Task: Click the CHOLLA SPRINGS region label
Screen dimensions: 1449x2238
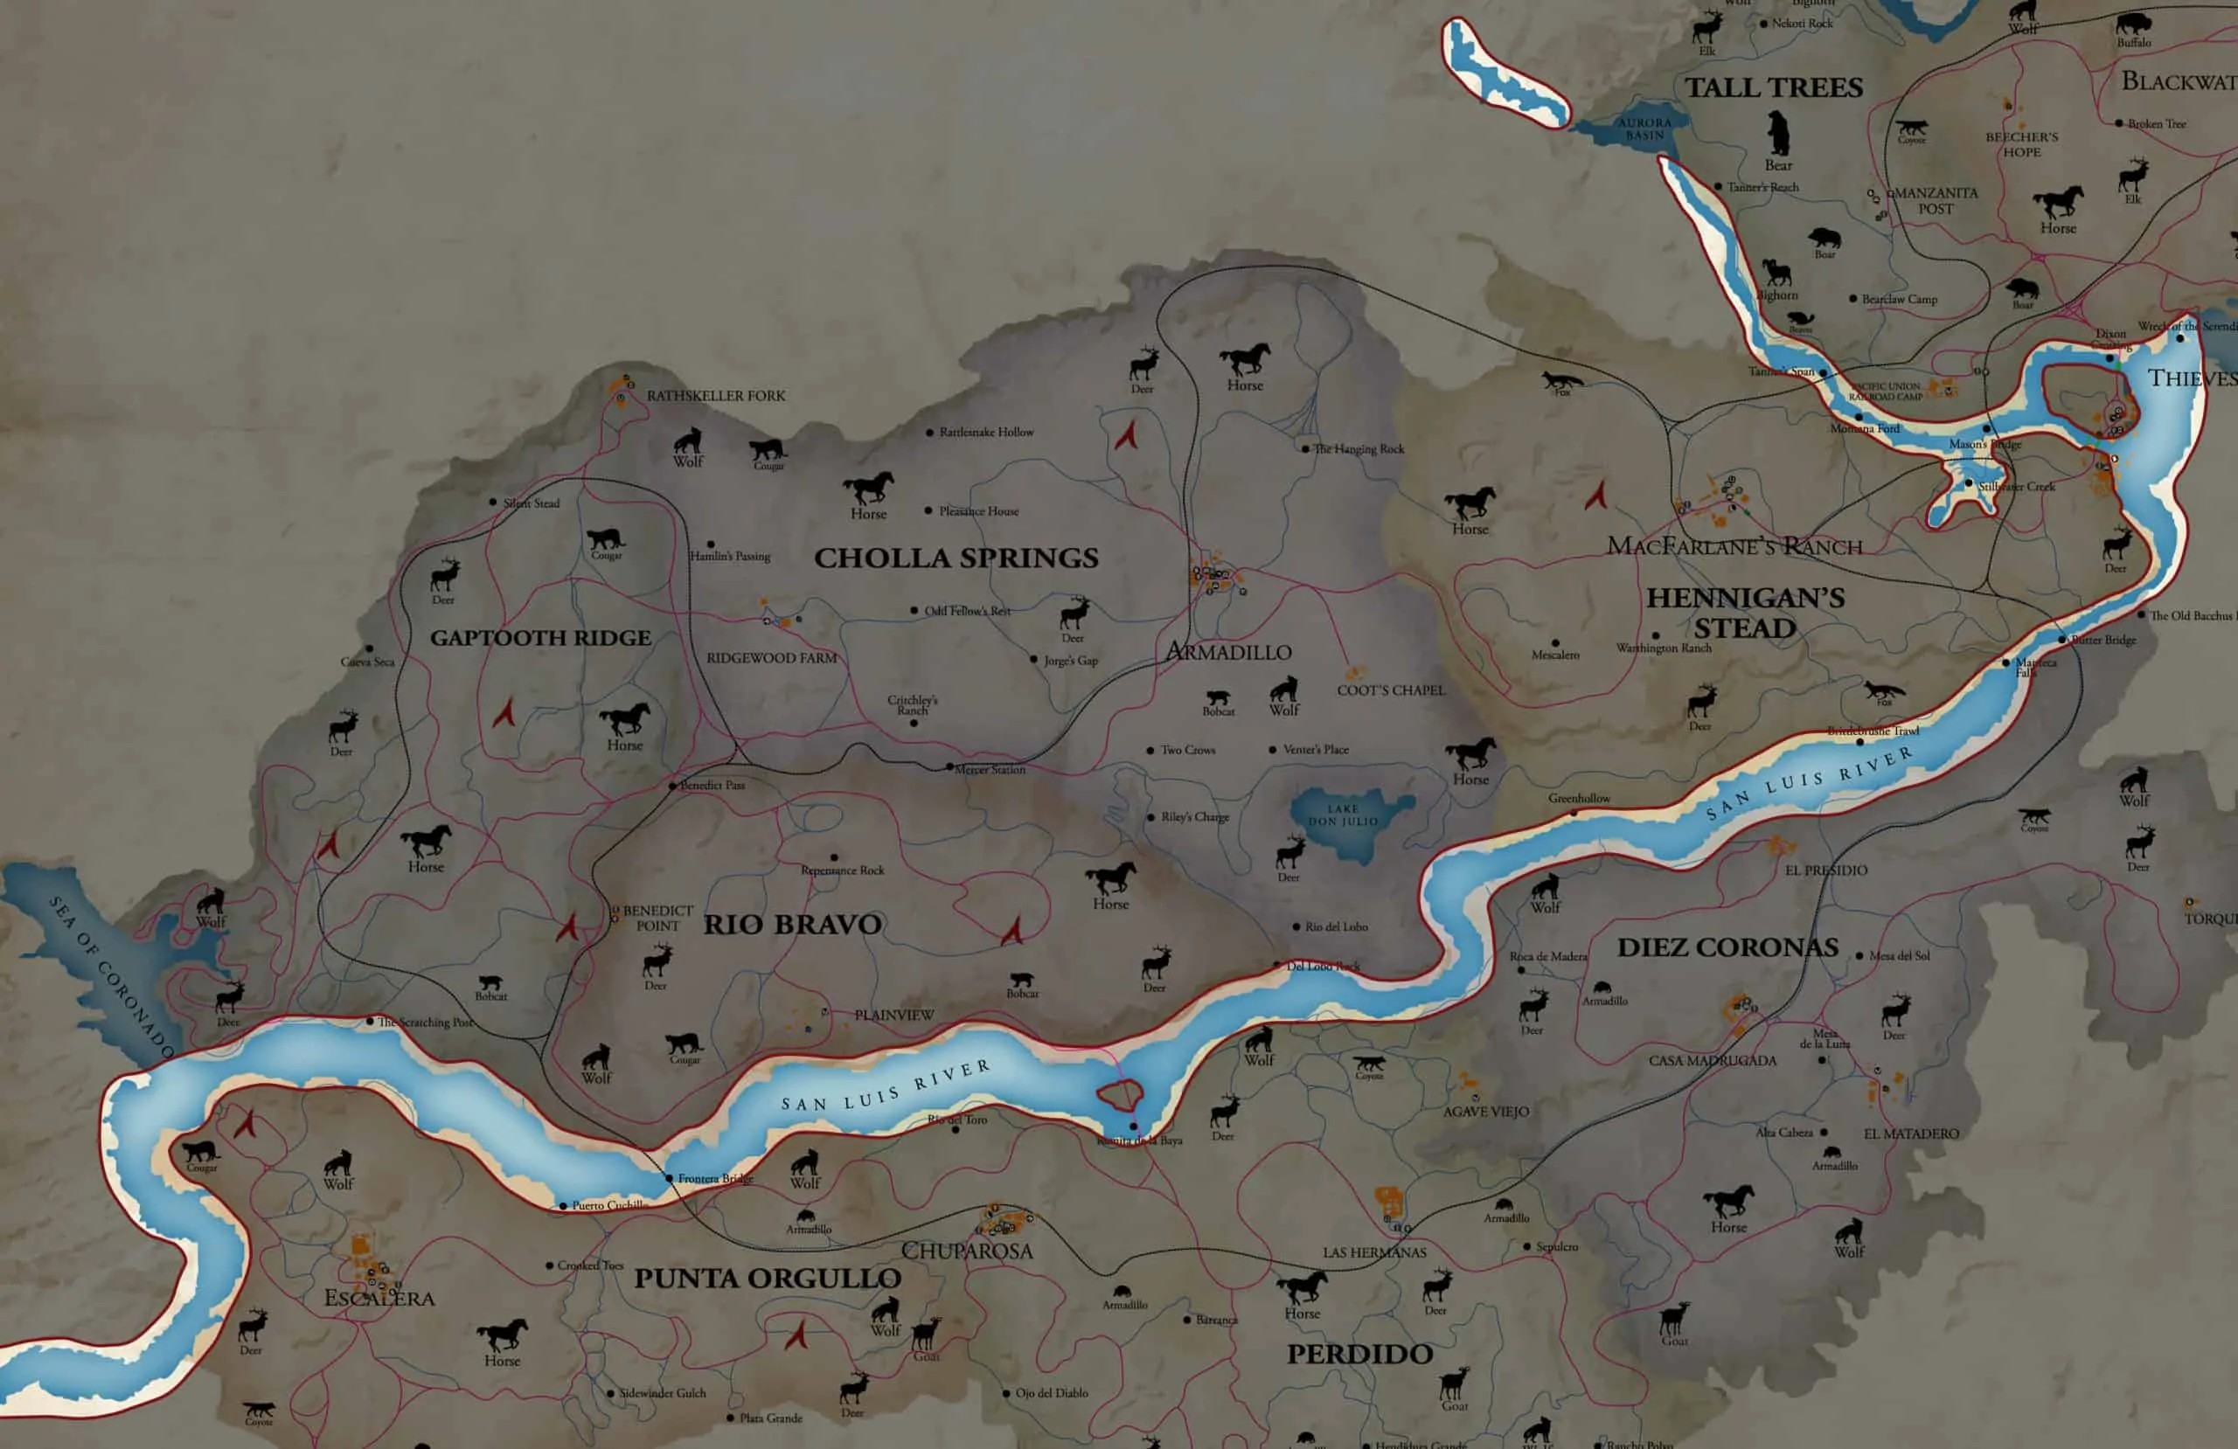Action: click(956, 558)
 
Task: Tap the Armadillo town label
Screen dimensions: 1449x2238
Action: click(1228, 652)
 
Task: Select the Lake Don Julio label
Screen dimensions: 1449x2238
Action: click(1343, 815)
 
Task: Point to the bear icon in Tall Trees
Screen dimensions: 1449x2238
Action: click(1777, 134)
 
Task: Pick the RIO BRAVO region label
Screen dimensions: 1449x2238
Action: click(793, 925)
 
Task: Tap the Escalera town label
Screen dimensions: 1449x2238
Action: click(379, 1299)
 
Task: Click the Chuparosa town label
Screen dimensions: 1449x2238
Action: click(967, 1251)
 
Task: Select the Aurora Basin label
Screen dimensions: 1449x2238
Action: click(1644, 128)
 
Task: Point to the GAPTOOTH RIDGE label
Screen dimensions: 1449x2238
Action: click(540, 637)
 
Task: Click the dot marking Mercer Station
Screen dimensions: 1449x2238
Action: click(949, 767)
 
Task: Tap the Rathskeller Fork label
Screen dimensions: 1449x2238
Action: click(716, 396)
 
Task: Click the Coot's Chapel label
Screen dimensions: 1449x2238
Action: click(1391, 690)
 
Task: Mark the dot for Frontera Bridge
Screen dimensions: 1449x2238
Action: click(670, 1178)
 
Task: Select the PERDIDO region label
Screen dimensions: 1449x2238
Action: click(1359, 1354)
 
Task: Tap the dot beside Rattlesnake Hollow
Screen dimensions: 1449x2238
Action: click(930, 433)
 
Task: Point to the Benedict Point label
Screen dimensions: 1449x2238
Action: click(657, 918)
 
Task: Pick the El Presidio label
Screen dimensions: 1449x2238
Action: click(1826, 870)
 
